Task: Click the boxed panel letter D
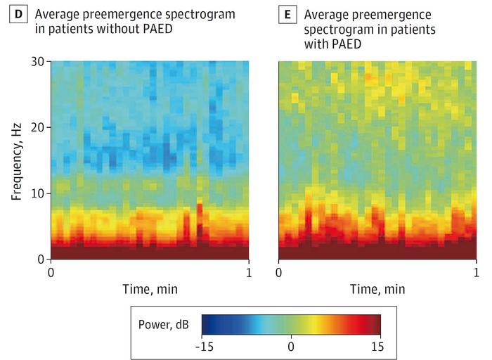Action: tap(13, 14)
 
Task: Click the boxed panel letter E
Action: tap(283, 14)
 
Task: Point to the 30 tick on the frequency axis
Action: tap(39, 62)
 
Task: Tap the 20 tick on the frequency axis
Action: tap(39, 127)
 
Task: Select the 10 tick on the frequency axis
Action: tap(39, 193)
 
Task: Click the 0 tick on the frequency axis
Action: tap(43, 259)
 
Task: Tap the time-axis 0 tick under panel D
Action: tap(51, 272)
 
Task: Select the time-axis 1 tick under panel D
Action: tap(249, 272)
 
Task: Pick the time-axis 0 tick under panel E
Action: tap(279, 272)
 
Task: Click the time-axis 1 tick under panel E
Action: tap(477, 272)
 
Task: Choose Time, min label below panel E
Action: tap(378, 288)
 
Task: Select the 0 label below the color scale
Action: tap(291, 346)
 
